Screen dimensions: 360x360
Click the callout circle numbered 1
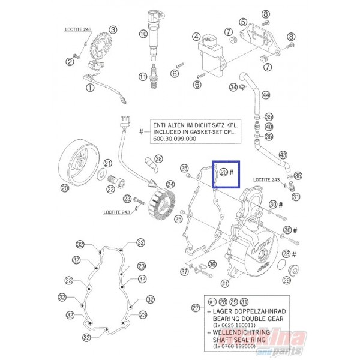pyautogui.click(x=90, y=88)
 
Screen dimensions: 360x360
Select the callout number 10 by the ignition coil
pyautogui.click(x=143, y=34)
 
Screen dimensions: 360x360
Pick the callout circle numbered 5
pyautogui.click(x=243, y=22)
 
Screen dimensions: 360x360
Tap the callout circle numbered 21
pyautogui.click(x=108, y=163)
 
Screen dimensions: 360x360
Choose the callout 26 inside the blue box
pyautogui.click(x=224, y=172)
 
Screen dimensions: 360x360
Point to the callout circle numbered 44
pyautogui.click(x=266, y=95)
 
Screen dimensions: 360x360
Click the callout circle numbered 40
pyautogui.click(x=268, y=127)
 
